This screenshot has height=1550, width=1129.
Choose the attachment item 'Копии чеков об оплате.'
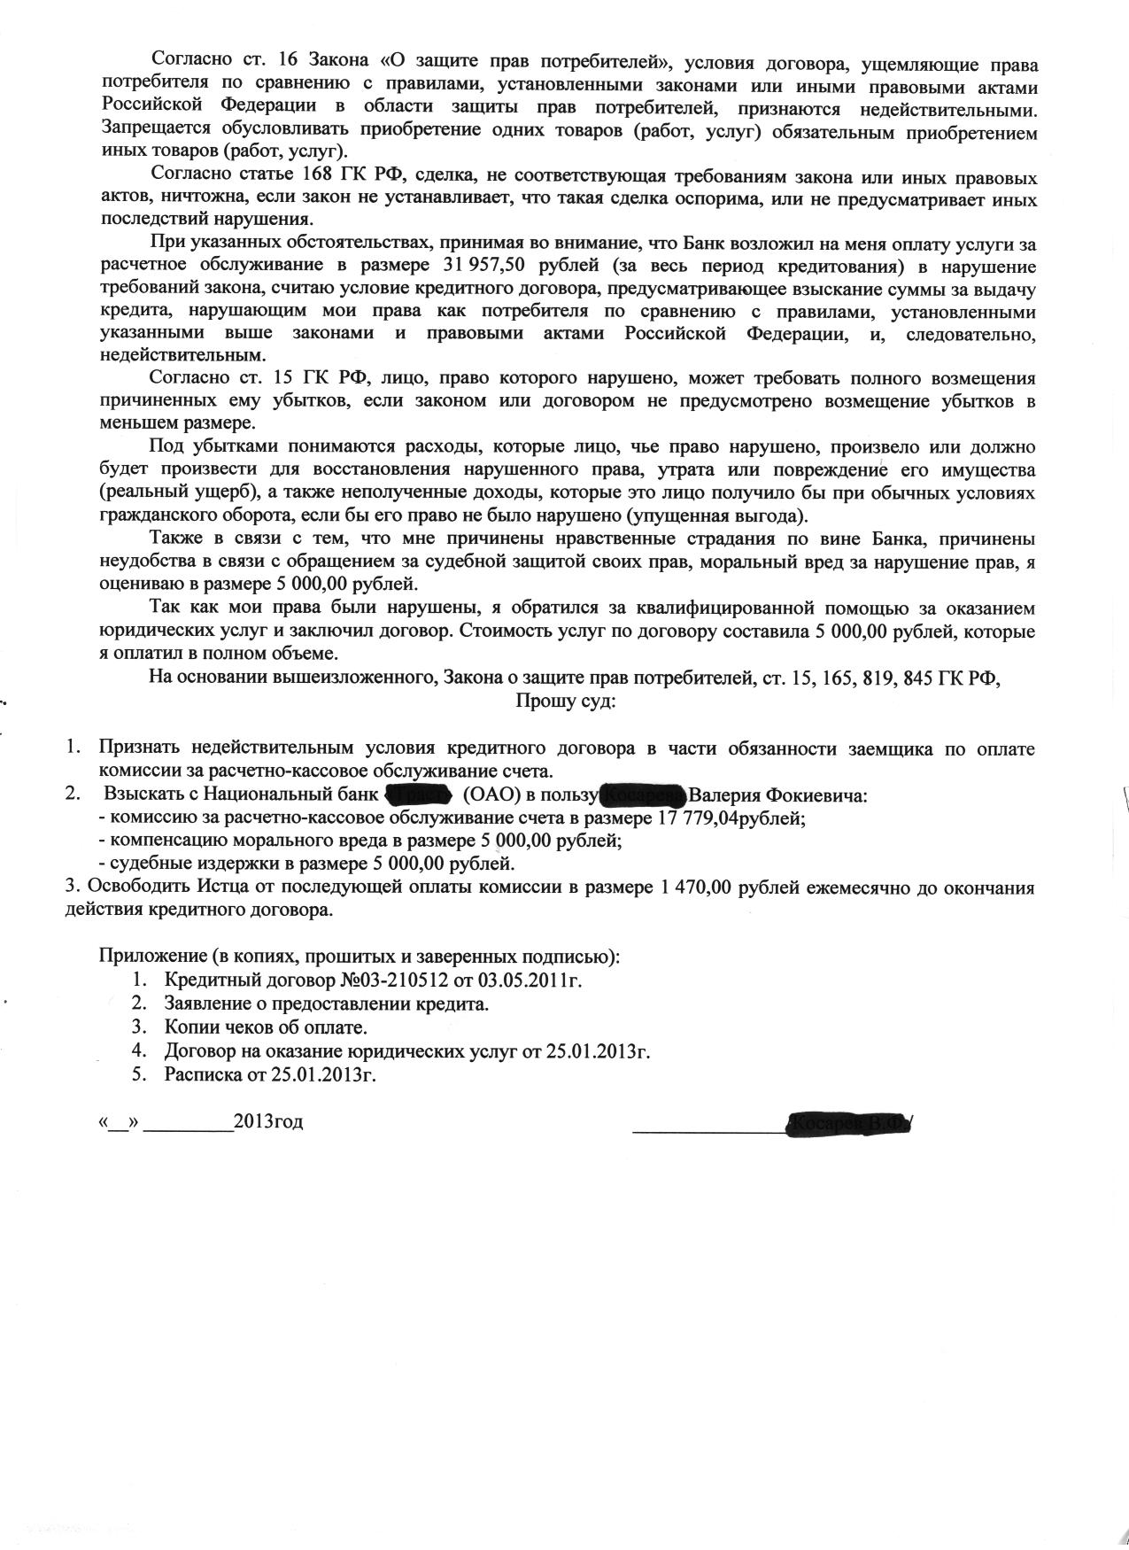point(265,1027)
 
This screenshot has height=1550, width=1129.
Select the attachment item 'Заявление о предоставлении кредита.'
point(326,1004)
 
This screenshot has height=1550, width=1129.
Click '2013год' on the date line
point(268,1121)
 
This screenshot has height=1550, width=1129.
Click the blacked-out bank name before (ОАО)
point(419,794)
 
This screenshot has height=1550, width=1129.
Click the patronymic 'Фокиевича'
point(819,795)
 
